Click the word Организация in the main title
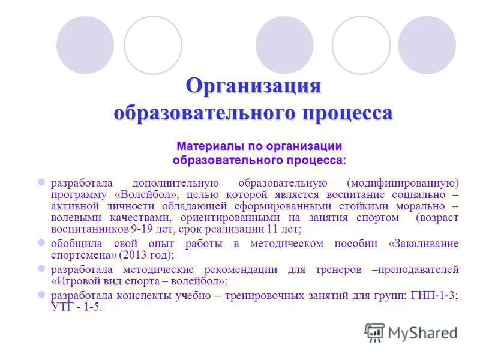253,85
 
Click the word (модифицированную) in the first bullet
403,182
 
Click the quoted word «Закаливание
424,244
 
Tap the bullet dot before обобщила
41,243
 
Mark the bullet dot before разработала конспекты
41,295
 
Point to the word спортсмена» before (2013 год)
83,254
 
